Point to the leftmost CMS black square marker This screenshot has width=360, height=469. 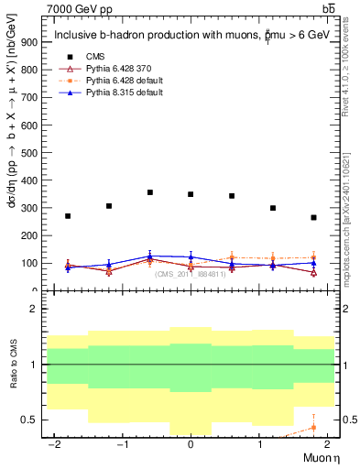(68, 216)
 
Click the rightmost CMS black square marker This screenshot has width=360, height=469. (313, 217)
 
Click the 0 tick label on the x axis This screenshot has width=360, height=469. (191, 444)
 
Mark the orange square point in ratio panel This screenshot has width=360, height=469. (313, 428)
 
